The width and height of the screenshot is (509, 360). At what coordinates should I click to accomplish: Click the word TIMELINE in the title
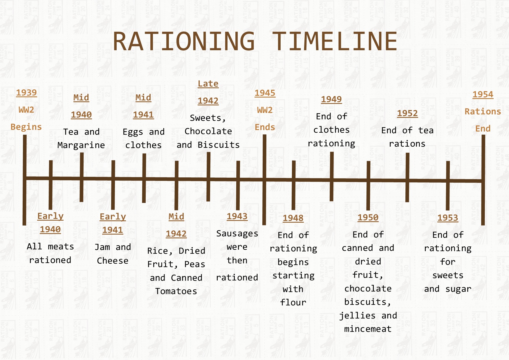coord(335,41)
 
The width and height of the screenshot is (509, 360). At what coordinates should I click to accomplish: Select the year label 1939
coord(26,93)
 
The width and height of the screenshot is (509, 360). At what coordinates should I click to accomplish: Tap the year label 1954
coord(483,94)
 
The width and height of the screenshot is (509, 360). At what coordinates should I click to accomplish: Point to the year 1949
coord(331,99)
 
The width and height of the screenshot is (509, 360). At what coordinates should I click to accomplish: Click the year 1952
coord(407,113)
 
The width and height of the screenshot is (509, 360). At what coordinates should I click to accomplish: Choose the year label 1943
coord(237,216)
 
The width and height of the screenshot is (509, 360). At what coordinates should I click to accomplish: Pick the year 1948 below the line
coord(293,218)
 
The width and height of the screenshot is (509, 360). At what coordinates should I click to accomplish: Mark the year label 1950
coord(368,217)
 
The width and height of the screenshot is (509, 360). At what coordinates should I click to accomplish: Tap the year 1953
coord(448,218)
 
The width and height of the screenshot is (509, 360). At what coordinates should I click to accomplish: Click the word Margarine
coord(81,145)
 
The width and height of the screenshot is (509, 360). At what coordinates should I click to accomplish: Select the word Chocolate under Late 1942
coord(208,131)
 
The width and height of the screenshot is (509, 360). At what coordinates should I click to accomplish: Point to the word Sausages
coord(237,234)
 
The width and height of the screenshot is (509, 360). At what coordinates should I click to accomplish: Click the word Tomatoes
coord(176,291)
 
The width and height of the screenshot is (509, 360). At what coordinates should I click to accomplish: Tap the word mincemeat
coord(368,329)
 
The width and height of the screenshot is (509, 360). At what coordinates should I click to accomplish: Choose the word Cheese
coord(113,261)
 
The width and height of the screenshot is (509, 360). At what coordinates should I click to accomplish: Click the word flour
coord(293,303)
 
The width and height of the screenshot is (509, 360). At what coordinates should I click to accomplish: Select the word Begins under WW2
coord(26,127)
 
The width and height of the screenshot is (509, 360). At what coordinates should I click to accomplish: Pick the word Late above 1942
coord(208,84)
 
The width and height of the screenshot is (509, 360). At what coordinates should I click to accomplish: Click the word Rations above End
coord(483,111)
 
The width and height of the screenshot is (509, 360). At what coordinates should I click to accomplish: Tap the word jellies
coord(357,316)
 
